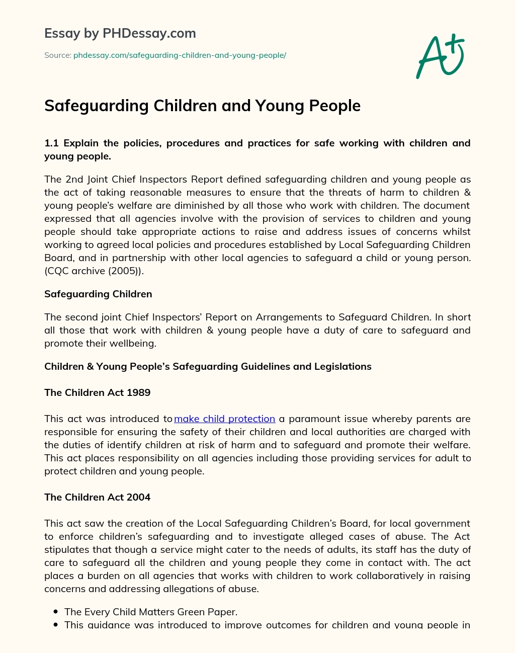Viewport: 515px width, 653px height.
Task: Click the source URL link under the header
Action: point(180,55)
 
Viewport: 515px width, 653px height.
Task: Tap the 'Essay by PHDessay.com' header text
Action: point(120,34)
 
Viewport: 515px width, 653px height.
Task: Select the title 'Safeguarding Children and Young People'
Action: point(202,106)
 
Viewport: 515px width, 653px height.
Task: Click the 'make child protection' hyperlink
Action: point(224,419)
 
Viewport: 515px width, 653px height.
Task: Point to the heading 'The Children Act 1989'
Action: point(97,392)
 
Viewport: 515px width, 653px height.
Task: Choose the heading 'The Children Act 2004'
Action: point(97,497)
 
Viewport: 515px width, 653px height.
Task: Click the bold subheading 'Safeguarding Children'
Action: point(98,294)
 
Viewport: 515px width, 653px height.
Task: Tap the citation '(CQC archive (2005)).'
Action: point(94,271)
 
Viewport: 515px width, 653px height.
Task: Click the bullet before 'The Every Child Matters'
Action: point(55,612)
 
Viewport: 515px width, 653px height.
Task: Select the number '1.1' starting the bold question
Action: point(51,143)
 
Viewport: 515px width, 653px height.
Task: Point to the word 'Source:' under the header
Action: point(57,55)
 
